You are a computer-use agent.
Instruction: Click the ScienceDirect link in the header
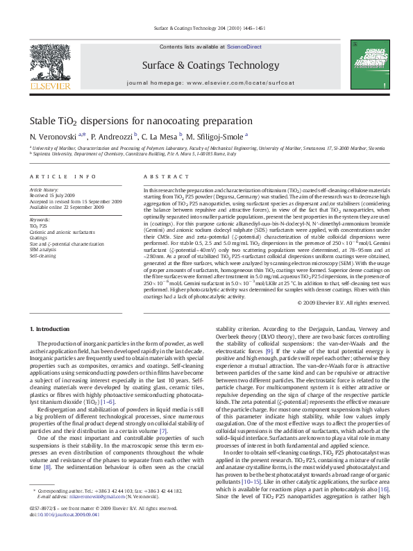244,46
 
